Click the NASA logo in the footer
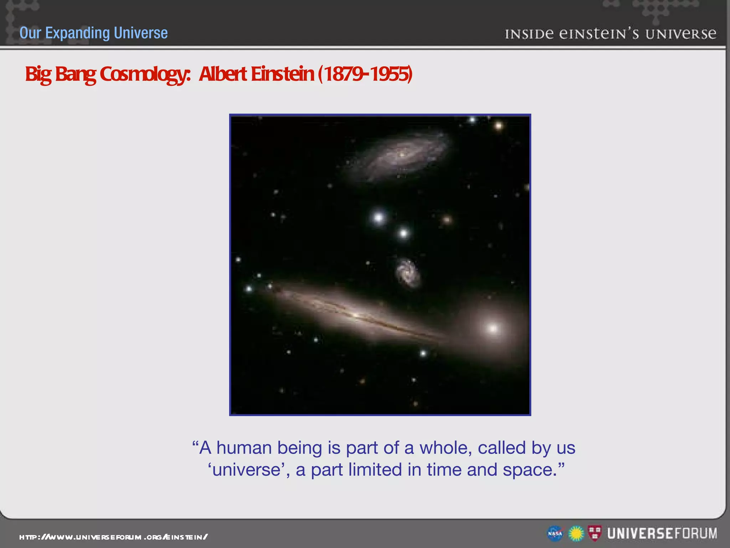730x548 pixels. [555, 534]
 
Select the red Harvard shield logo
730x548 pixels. [595, 533]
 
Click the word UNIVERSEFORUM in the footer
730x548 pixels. [662, 534]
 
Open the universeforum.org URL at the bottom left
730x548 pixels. [113, 537]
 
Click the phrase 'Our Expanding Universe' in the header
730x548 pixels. [93, 33]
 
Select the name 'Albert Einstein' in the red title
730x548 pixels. [256, 74]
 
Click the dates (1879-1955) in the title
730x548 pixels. [365, 74]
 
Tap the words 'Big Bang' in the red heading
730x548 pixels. [60, 74]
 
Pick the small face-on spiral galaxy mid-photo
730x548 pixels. [407, 273]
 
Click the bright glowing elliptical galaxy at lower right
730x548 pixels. [493, 328]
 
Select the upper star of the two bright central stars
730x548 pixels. [379, 217]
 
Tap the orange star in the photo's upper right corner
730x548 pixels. [498, 125]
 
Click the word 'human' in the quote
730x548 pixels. [244, 448]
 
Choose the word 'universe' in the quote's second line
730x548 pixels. [246, 470]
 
